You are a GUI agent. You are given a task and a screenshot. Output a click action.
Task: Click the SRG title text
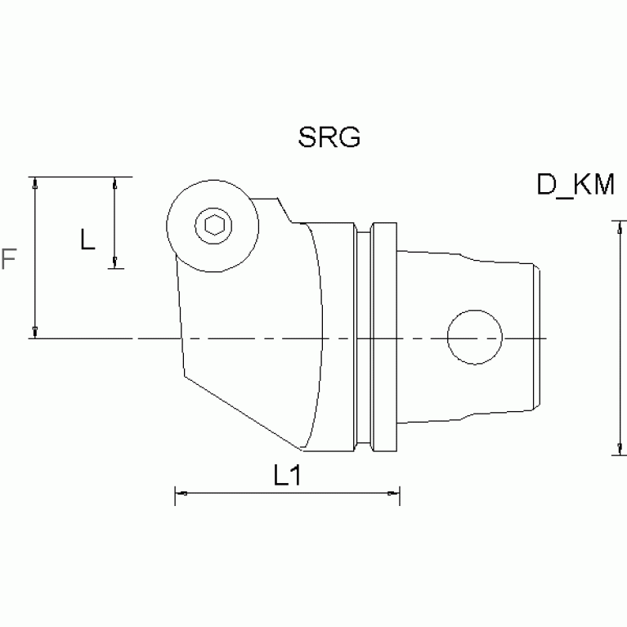(x=329, y=137)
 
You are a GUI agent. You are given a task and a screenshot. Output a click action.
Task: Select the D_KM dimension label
(x=575, y=186)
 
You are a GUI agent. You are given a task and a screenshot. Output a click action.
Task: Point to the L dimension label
(x=88, y=240)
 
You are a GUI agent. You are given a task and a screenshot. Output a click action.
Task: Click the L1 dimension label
(x=287, y=476)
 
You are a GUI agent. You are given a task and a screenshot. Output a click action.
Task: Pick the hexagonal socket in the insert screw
(x=212, y=226)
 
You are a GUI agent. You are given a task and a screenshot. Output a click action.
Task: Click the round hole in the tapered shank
(x=474, y=337)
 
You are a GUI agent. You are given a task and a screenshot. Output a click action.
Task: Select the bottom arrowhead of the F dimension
(x=35, y=331)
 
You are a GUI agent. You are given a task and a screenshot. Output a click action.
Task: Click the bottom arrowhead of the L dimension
(x=115, y=262)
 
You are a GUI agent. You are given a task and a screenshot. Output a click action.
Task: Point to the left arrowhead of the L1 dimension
(x=181, y=494)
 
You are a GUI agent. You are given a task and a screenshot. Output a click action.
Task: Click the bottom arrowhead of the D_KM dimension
(x=618, y=448)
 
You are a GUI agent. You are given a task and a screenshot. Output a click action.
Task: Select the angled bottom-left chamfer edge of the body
(x=241, y=412)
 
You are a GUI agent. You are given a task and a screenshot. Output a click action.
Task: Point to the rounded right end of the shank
(x=537, y=337)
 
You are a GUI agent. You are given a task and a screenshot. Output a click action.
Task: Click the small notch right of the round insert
(x=281, y=212)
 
